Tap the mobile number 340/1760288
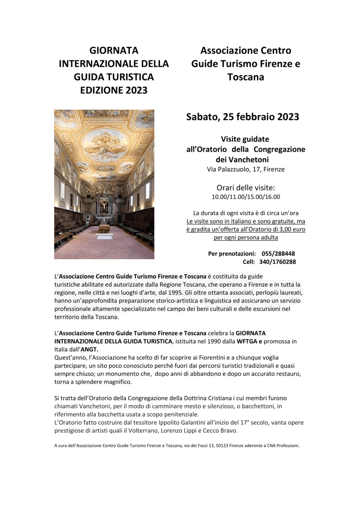coord(278,262)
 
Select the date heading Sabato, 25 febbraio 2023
coord(243,117)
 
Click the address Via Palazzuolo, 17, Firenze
coord(246,169)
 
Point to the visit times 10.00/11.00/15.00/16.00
coord(246,197)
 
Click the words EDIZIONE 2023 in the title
coord(114,90)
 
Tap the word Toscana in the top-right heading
coord(246,77)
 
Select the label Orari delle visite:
coord(246,188)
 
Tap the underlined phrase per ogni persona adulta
coord(246,238)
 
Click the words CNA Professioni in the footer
coord(279,446)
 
